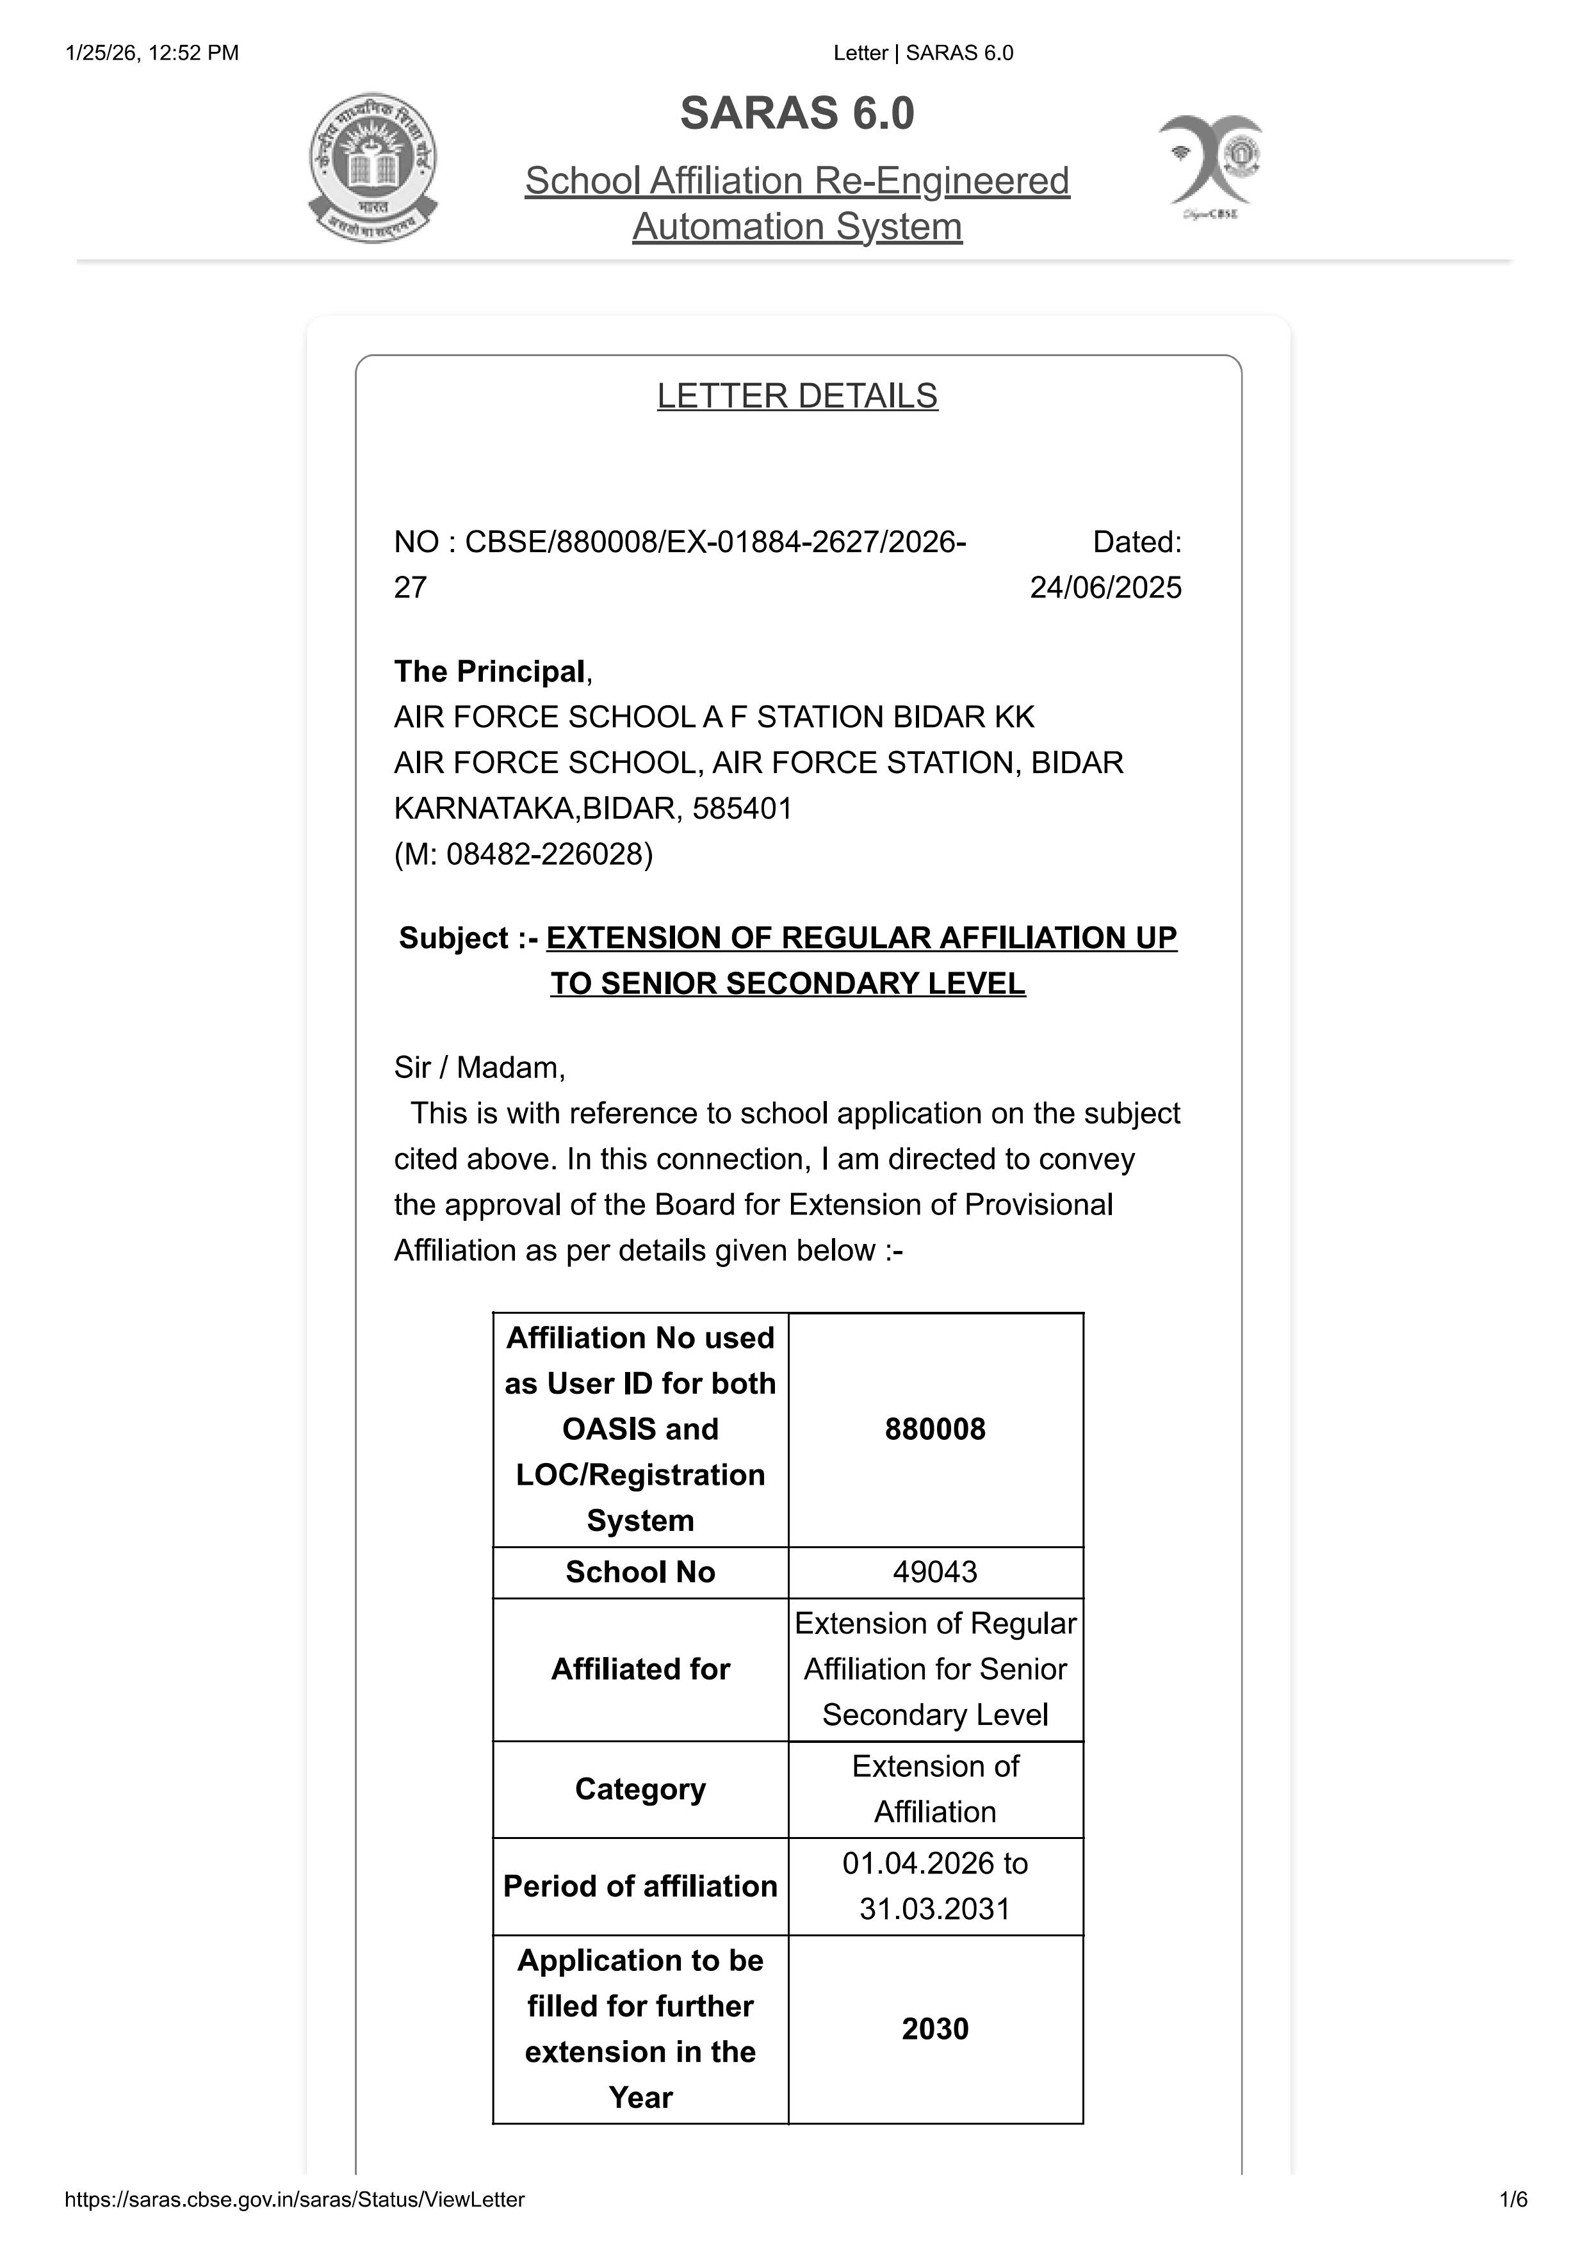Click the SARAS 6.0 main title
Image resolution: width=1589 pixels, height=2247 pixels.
tap(797, 113)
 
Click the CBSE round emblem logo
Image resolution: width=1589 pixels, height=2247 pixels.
tap(373, 168)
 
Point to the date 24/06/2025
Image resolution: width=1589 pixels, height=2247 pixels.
tap(1105, 587)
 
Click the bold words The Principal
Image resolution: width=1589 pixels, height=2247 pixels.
tap(489, 671)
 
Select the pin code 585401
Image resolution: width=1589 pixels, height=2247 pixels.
tap(742, 808)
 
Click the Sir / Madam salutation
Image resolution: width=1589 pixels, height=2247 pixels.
tap(480, 1066)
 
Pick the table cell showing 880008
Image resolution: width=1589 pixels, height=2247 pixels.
tap(934, 1429)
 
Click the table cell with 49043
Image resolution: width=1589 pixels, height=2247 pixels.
tap(934, 1572)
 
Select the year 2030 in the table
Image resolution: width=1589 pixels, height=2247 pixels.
tap(934, 2029)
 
